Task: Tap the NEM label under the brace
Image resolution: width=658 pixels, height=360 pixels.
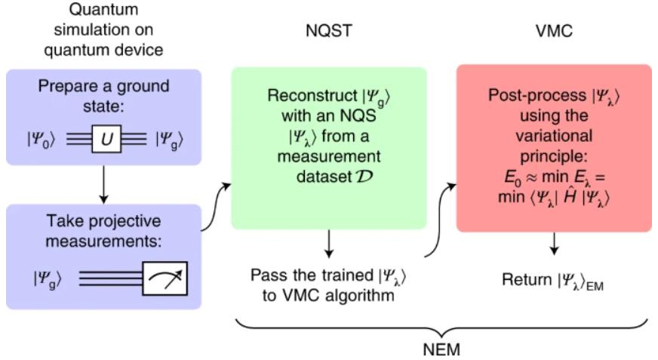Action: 441,349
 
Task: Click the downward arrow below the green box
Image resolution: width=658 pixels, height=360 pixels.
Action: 329,245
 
